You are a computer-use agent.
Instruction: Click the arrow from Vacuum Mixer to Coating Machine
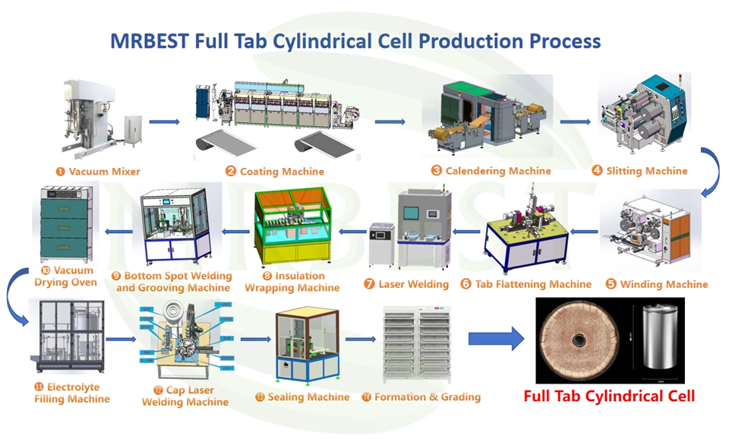tap(164, 122)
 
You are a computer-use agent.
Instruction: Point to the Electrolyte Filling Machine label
tap(71, 393)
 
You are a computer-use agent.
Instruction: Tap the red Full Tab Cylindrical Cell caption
tap(610, 396)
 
